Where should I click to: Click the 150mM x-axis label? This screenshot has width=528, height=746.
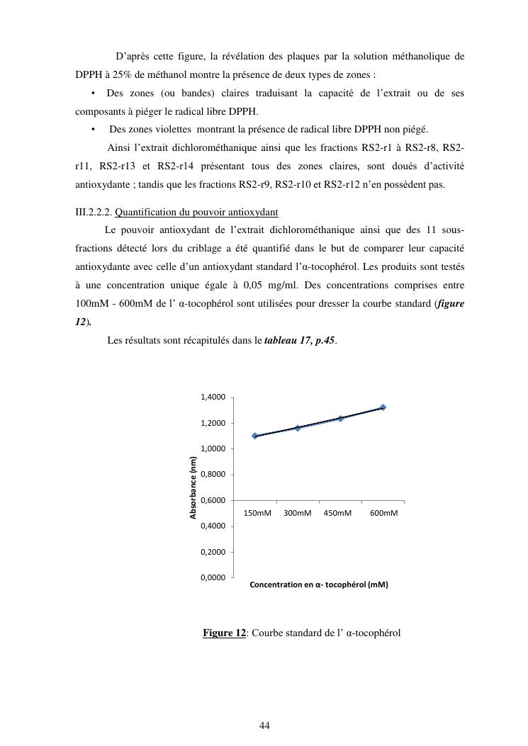point(257,513)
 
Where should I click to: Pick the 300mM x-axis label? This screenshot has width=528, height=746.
point(298,513)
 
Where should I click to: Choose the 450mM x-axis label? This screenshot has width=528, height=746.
point(337,513)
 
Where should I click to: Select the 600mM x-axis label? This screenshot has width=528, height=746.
point(383,513)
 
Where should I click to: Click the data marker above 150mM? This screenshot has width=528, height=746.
point(255,436)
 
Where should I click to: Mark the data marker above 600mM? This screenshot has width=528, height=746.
point(383,407)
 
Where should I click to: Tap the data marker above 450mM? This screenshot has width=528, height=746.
point(340,418)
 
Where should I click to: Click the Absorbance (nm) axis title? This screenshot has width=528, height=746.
point(193,487)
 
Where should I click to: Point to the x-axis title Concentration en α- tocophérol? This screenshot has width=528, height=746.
point(318,585)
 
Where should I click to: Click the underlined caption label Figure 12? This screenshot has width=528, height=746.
point(224,633)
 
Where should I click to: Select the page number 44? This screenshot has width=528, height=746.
point(265,725)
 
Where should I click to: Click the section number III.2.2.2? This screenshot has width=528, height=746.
point(94,213)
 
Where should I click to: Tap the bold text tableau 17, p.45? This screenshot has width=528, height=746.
point(299,341)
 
